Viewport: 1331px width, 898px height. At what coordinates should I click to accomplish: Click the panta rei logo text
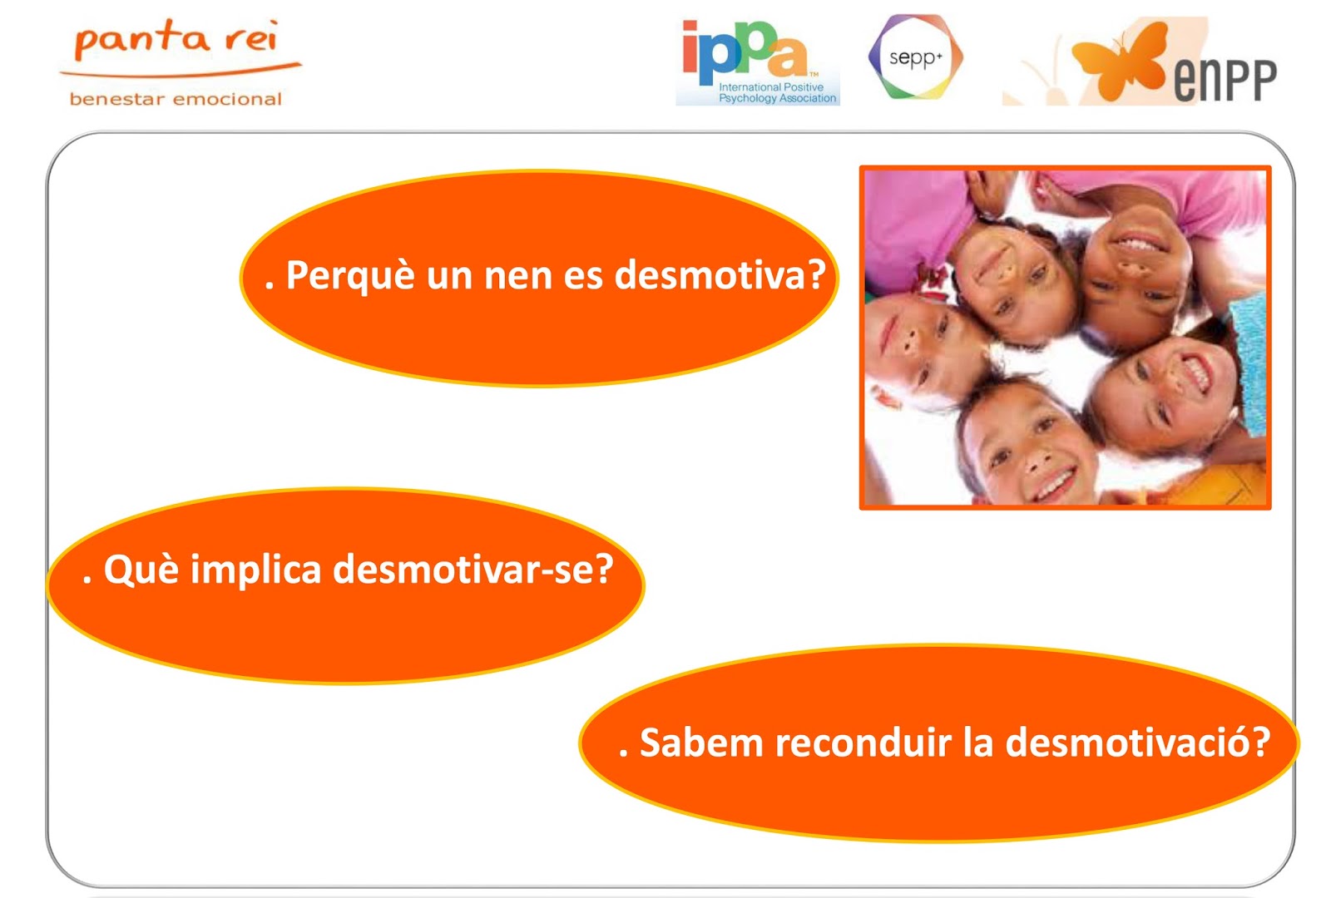pos(176,39)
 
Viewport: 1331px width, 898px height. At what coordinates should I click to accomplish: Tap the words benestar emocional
pos(176,99)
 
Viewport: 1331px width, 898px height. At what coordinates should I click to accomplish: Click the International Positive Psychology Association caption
pos(777,92)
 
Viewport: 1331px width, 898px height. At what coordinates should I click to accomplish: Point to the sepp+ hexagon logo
pos(915,57)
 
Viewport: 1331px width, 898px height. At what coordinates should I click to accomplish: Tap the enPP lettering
pos(1225,81)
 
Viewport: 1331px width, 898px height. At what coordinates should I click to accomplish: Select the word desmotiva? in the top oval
pos(720,275)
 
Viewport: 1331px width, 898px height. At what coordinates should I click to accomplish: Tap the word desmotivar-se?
pos(473,570)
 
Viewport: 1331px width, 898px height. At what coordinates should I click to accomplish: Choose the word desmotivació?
pos(1138,743)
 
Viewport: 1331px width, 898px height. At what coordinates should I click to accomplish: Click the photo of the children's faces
pos(1065,338)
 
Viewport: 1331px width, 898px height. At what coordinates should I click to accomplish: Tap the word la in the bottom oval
pos(978,743)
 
